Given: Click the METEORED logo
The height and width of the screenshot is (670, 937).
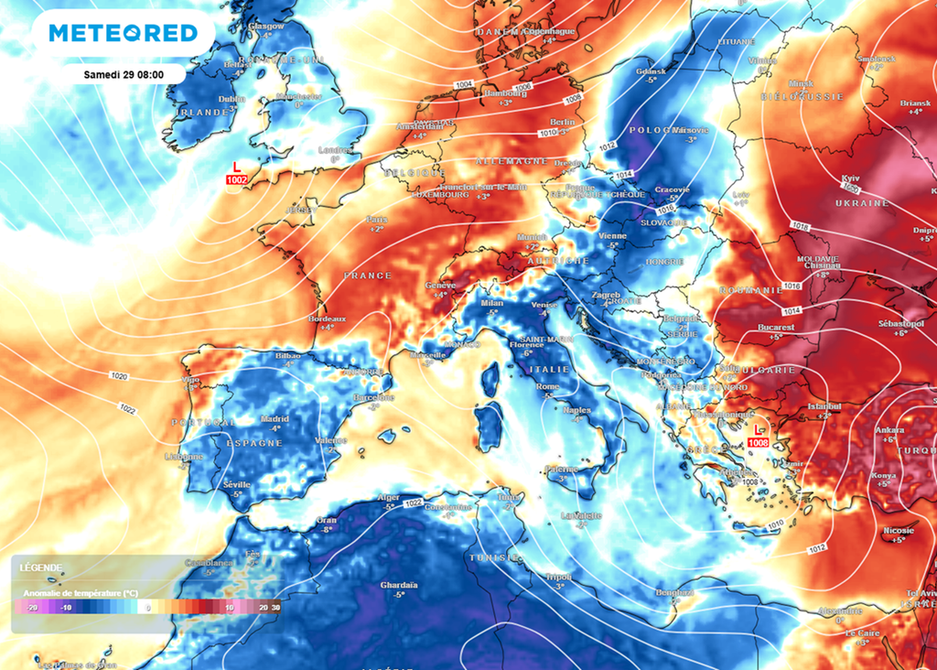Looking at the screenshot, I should tap(123, 34).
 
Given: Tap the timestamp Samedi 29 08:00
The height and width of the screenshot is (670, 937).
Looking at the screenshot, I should tap(123, 74).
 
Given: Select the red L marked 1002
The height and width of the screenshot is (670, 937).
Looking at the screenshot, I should tap(237, 167).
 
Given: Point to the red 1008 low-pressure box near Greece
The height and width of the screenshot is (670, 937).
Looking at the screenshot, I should tap(758, 443).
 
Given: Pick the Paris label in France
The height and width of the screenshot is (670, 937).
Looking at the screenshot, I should tap(377, 219).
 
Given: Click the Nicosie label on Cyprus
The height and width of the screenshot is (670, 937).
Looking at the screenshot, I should tap(894, 531).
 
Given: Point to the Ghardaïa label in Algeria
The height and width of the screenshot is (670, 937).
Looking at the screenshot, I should tap(398, 584).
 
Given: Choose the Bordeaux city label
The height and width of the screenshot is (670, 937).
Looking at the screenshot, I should tap(328, 317).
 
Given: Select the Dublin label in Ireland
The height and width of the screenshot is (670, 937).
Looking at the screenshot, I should tap(232, 99).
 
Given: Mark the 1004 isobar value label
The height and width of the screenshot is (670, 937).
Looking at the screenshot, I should tap(464, 84).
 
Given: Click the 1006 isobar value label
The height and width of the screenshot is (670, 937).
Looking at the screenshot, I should tap(523, 87).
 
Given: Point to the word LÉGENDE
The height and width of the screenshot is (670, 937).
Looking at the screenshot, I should tap(41, 567).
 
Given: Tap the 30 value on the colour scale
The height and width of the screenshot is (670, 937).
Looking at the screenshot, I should tap(275, 607).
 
